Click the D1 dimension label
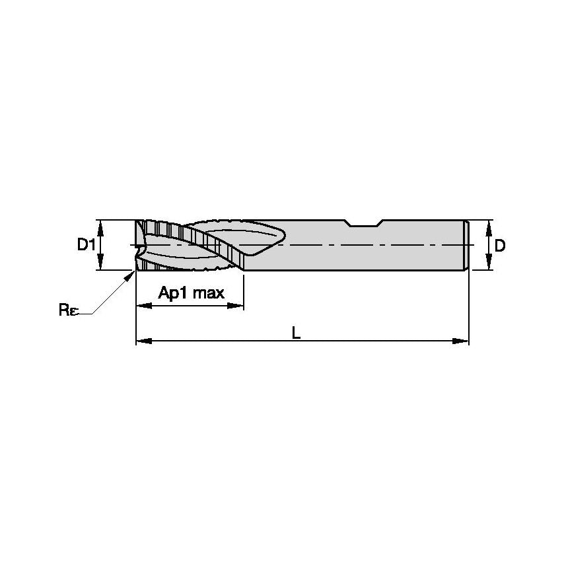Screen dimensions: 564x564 coord(85,245)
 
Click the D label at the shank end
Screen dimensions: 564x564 coord(500,246)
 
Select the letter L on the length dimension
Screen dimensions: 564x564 coord(297,334)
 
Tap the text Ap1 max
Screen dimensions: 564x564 coord(192,293)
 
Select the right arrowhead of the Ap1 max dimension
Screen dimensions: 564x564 coord(239,306)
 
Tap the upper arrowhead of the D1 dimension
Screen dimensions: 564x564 coord(102,225)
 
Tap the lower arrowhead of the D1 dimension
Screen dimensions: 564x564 coord(102,265)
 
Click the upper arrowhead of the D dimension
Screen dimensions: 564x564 coord(489,225)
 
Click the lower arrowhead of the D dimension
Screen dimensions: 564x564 coord(489,265)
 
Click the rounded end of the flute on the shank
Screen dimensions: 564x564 coord(280,234)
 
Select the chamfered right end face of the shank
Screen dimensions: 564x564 coord(467,245)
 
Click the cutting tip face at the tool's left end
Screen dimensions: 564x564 coord(138,246)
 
